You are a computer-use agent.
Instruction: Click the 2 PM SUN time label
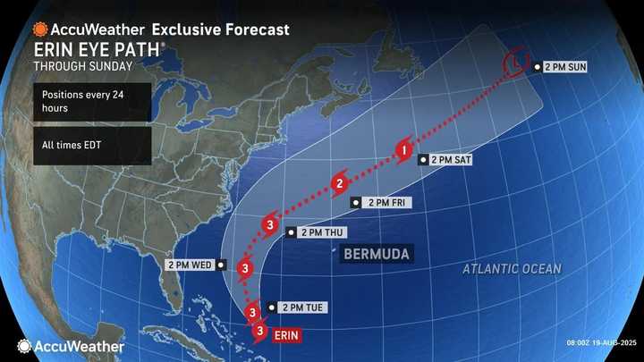pos(564,67)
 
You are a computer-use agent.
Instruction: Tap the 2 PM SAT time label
pos(451,160)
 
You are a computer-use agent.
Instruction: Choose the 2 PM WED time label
pos(189,265)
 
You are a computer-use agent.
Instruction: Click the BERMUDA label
pos(377,254)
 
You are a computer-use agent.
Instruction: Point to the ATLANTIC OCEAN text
pos(513,269)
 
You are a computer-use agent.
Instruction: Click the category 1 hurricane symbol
pos(405,152)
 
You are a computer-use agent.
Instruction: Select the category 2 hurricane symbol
pos(340,185)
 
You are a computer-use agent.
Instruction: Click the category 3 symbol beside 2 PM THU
pos(270,224)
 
